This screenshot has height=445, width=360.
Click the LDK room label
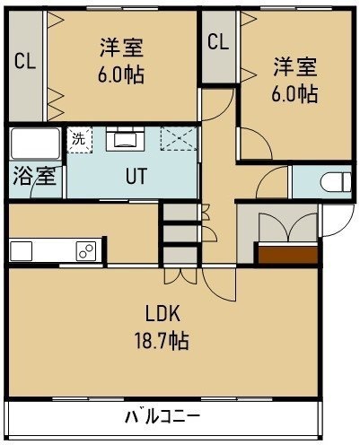(162, 313)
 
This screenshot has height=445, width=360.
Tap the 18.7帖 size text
(162, 341)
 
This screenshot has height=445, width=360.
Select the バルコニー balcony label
(162, 416)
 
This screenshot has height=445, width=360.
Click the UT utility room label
(136, 176)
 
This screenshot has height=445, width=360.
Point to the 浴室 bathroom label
(34, 176)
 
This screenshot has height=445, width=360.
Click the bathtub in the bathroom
(35, 144)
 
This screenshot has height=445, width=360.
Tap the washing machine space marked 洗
(79, 140)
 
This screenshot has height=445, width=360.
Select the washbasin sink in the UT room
(126, 139)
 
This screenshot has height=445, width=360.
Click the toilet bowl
(336, 182)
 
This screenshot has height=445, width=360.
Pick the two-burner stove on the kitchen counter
(86, 250)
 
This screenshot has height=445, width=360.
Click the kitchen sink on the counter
(21, 251)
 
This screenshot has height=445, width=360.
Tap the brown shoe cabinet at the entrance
(287, 255)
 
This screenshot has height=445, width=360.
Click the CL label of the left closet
(25, 61)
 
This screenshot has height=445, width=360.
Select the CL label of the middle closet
(218, 41)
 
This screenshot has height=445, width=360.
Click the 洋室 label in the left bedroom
(121, 48)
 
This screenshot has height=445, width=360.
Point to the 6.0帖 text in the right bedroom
(294, 94)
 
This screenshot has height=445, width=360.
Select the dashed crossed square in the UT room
(179, 138)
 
